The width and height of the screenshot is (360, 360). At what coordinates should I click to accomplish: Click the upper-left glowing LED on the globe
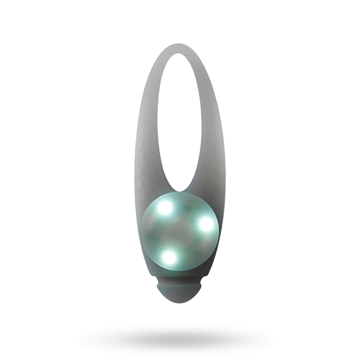(x=165, y=207)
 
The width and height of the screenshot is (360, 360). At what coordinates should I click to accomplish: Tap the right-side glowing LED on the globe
(x=206, y=223)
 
